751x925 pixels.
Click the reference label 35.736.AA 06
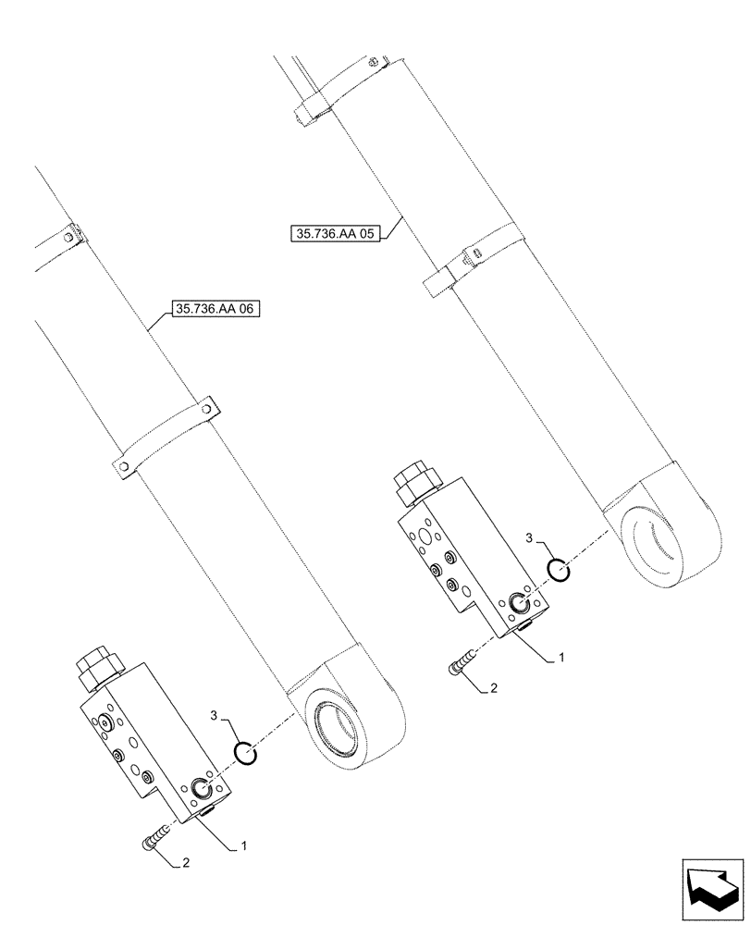[x=215, y=311]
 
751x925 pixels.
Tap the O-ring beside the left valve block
[x=243, y=756]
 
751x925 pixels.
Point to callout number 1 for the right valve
[x=561, y=658]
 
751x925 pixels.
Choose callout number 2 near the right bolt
[x=494, y=688]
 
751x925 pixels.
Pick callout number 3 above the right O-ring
[x=528, y=538]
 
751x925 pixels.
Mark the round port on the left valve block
[x=202, y=789]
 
